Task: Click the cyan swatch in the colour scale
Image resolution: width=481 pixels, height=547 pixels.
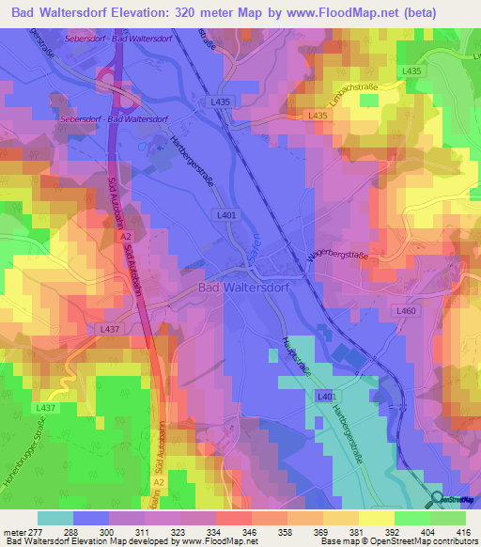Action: [55, 517]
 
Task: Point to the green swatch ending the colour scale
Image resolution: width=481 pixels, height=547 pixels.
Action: [448, 517]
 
